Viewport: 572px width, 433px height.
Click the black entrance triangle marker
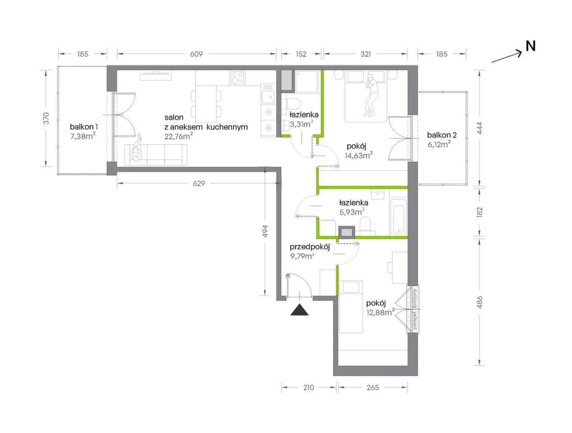[x=299, y=309]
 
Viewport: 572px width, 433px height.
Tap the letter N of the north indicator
[x=530, y=46]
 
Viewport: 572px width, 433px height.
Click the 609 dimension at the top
[x=196, y=54]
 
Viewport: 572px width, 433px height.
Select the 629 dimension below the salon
[x=199, y=184]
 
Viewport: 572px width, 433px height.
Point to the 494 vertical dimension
[x=265, y=231]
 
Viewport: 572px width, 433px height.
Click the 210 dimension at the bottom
[x=309, y=387]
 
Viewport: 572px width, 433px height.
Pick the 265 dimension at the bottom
[x=373, y=387]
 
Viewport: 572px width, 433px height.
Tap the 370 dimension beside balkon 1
[x=46, y=118]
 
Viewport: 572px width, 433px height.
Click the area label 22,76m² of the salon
[x=179, y=136]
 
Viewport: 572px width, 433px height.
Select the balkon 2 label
[x=442, y=135]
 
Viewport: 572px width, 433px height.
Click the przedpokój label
[x=310, y=247]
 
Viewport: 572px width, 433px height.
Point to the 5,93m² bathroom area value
[x=352, y=212]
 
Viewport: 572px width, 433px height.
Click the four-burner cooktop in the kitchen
[x=237, y=78]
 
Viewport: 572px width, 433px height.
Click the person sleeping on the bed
[x=371, y=95]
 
